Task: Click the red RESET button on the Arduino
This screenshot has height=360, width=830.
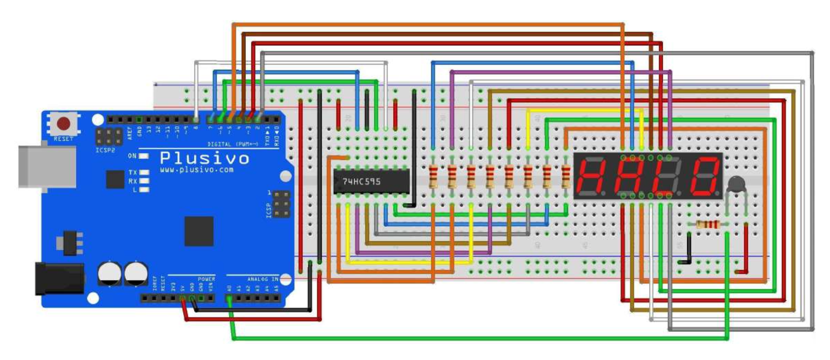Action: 64,124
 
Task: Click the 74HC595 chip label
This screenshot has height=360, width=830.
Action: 361,181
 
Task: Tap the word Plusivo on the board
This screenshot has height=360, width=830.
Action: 204,158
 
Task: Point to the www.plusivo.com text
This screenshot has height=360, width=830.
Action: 197,170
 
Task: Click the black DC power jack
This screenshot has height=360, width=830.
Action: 59,278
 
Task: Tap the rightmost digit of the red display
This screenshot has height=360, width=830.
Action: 704,176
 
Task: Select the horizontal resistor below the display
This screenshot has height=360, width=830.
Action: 708,225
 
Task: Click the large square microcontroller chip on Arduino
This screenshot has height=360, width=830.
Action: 199,231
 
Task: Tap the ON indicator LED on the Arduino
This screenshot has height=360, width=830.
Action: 143,156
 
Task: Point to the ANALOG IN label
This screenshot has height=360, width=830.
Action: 263,279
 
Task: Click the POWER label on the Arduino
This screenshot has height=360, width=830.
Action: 206,279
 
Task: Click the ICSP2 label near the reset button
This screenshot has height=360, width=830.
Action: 105,150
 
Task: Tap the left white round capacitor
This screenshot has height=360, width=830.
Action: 109,273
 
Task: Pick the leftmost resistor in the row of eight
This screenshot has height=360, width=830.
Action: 433,177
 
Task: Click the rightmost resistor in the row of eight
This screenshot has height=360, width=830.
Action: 566,177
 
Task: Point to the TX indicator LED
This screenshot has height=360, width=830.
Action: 144,173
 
